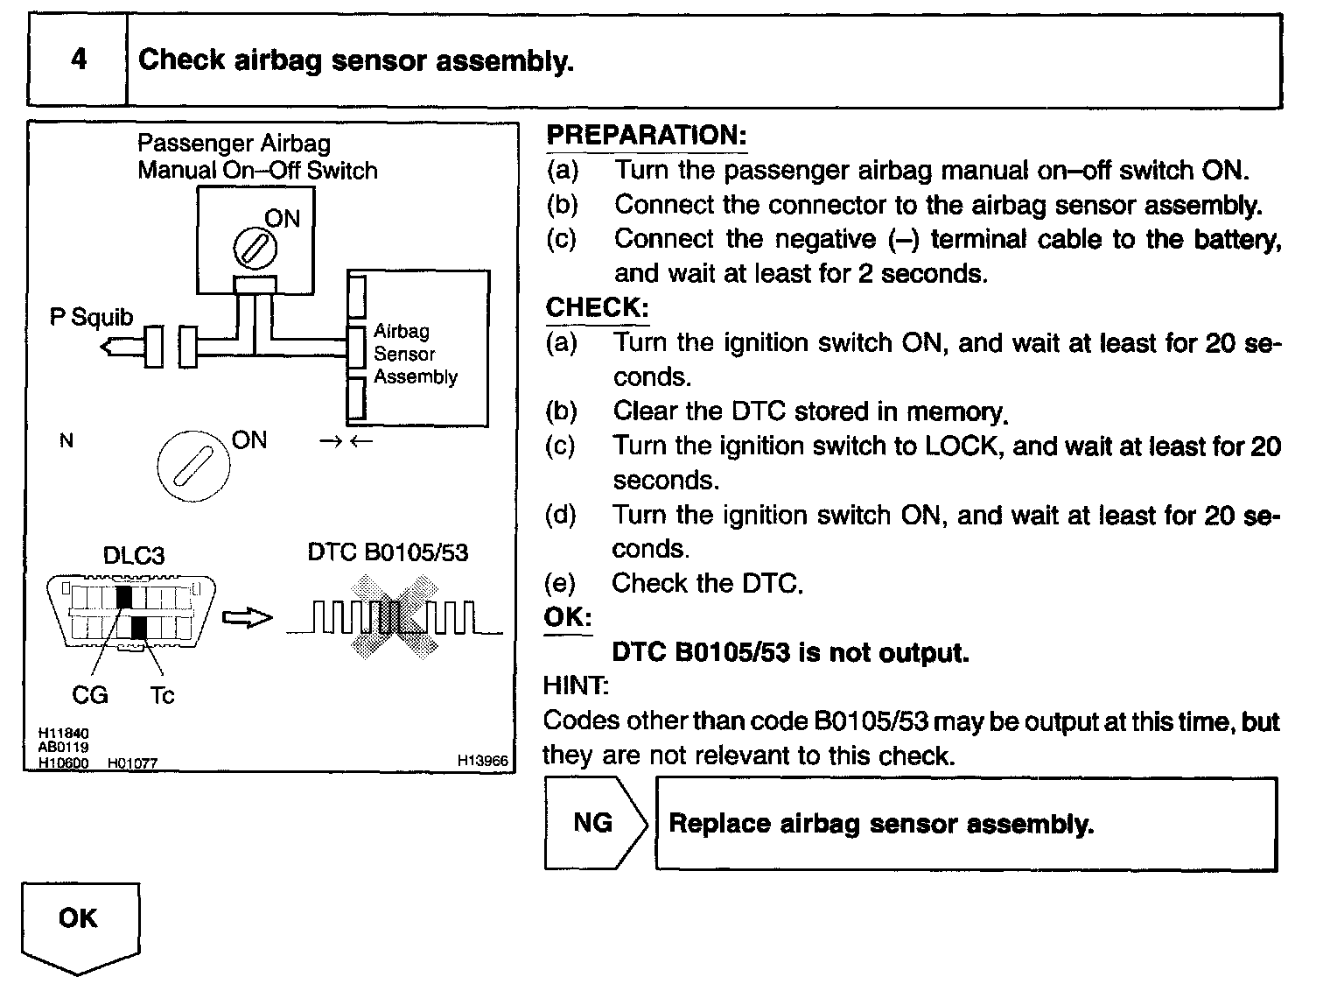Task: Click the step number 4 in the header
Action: (79, 60)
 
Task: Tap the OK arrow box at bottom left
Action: (79, 924)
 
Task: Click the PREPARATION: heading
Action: (646, 136)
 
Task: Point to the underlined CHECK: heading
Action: (598, 307)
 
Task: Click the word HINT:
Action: (575, 685)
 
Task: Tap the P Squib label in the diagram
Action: (91, 317)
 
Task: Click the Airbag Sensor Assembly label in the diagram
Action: (415, 354)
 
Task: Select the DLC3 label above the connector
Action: (133, 555)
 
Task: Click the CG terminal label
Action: (89, 695)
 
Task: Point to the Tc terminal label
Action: (162, 695)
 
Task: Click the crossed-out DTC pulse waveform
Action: (395, 616)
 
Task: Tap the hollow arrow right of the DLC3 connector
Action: (248, 618)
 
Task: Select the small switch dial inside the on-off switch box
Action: (255, 248)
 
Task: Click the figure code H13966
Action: (482, 761)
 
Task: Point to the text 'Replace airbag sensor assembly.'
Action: (881, 824)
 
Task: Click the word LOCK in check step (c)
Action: (961, 446)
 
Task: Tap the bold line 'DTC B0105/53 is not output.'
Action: (790, 653)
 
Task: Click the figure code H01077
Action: (132, 763)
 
